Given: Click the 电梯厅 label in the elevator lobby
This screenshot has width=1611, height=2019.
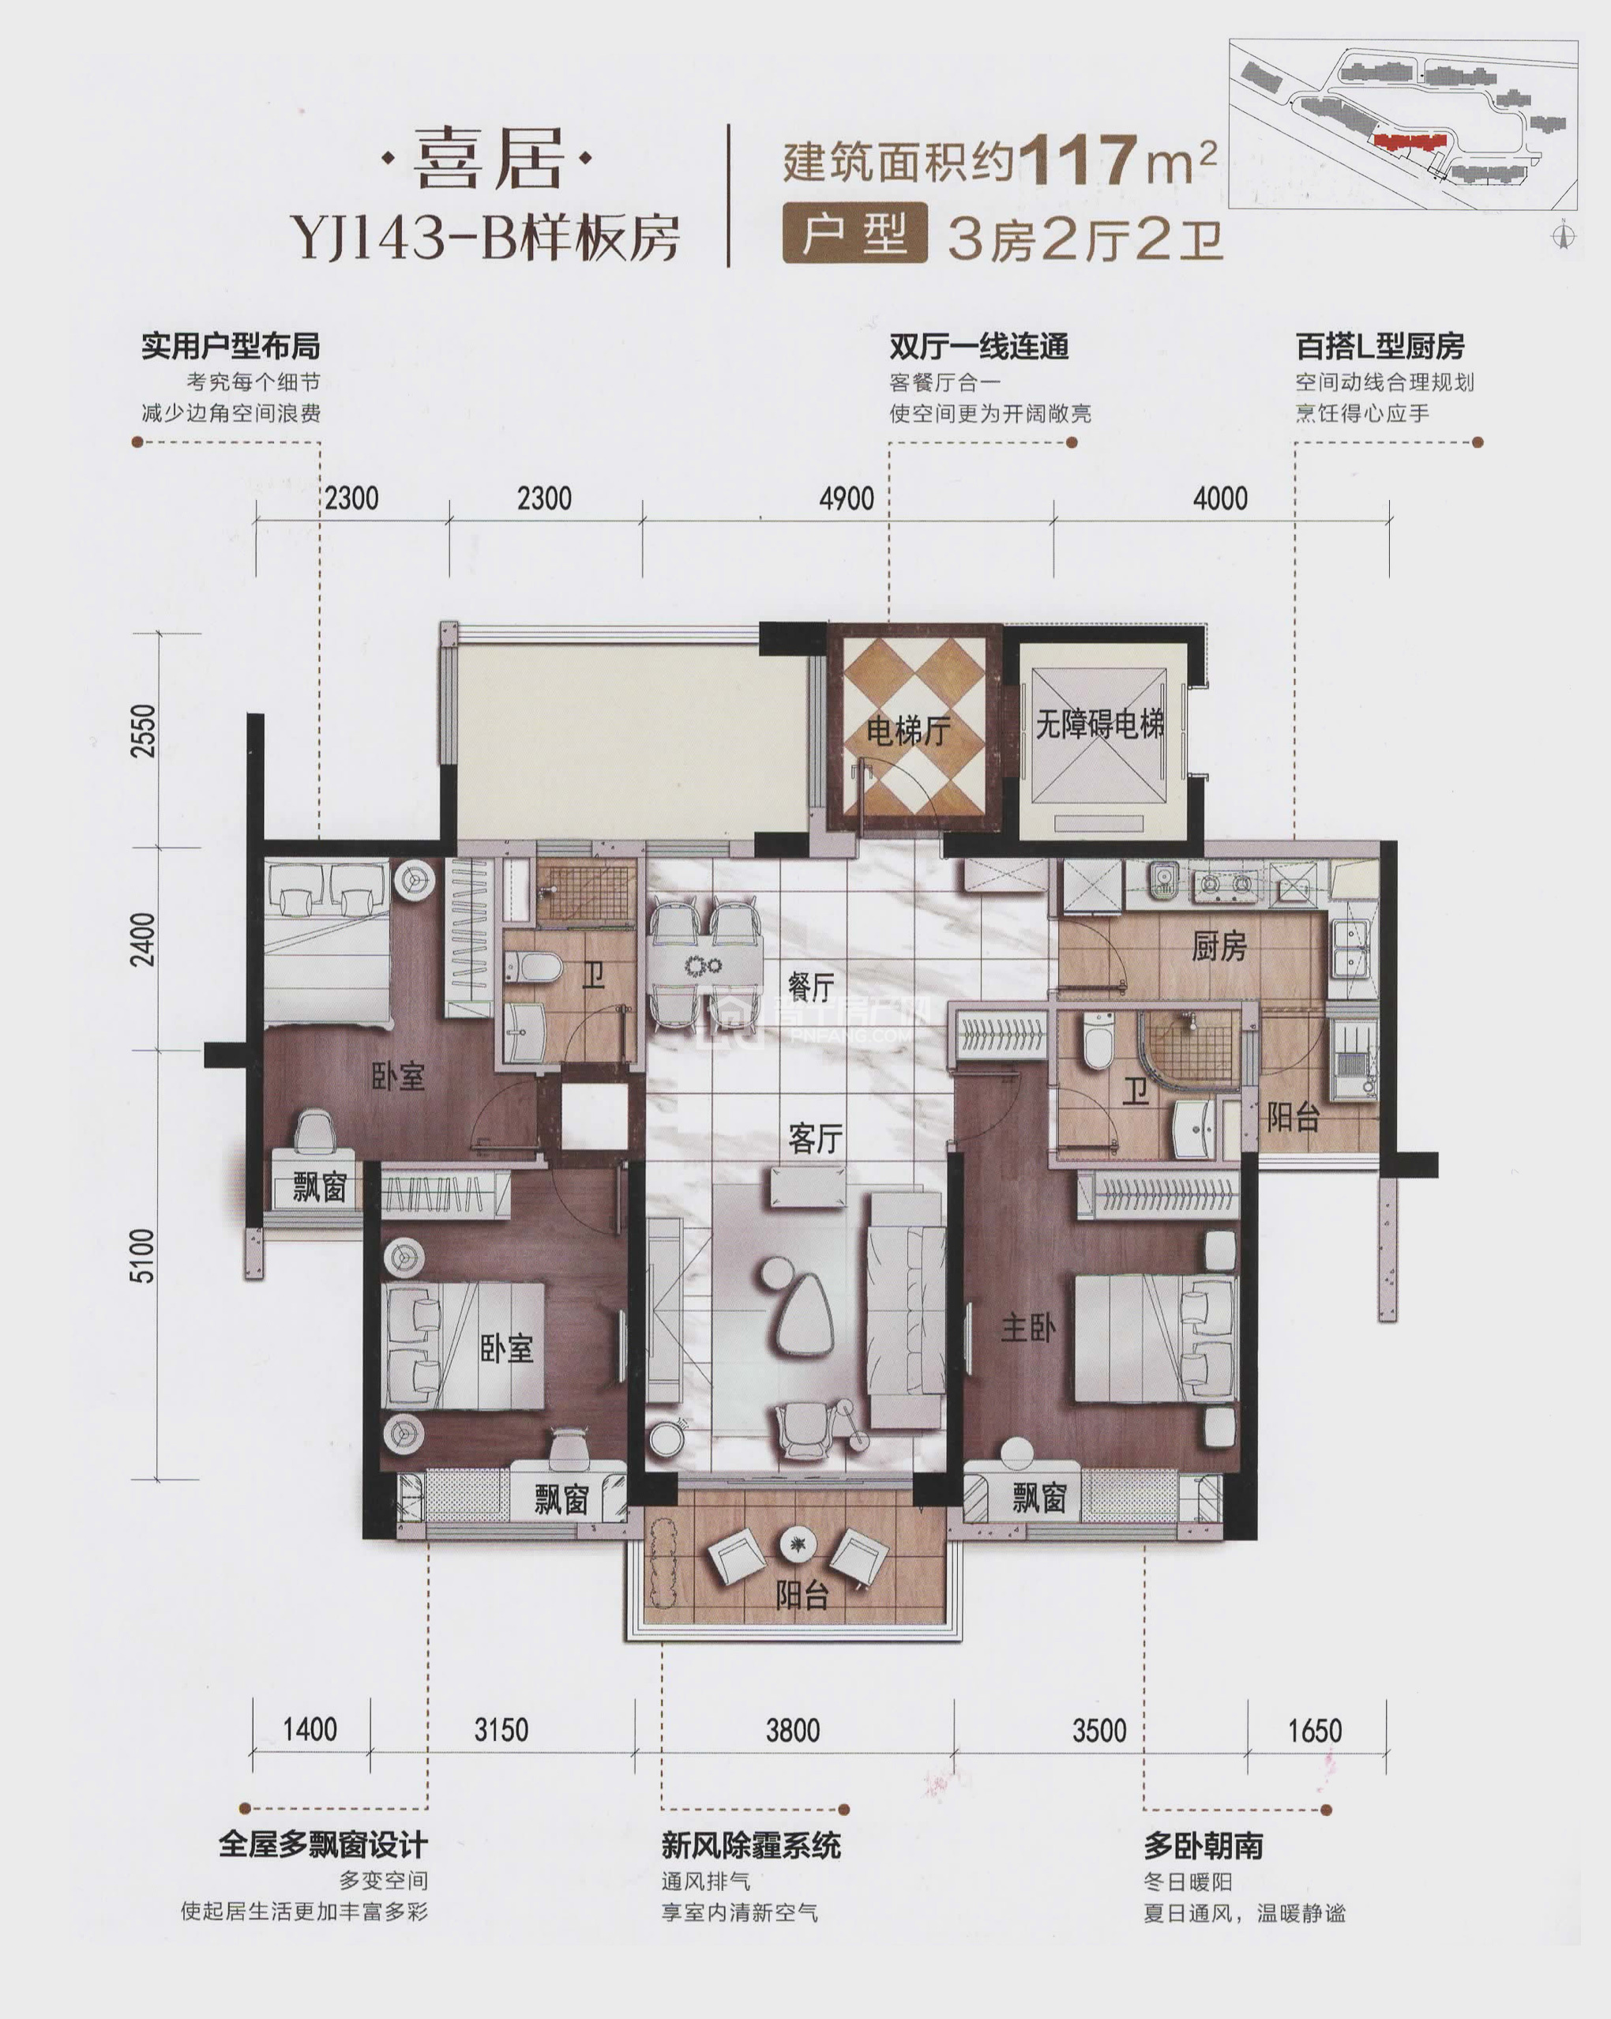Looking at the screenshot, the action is pos(908,731).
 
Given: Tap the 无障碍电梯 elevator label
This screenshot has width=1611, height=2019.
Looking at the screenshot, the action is pos(1100,723).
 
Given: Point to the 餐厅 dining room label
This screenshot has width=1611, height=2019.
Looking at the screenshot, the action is pos(811,986).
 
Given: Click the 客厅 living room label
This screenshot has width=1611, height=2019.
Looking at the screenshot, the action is pos(815,1139).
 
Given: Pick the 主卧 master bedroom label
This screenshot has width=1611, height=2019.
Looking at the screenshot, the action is pos(1028,1327).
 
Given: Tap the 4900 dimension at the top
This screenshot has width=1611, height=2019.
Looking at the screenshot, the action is pos(847,498).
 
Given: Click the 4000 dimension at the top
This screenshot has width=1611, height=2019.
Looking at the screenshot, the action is pos(1220,498).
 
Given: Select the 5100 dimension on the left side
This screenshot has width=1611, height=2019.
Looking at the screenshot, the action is pos(142,1256).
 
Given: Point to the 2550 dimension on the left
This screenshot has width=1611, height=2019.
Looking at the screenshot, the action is pos(142,731).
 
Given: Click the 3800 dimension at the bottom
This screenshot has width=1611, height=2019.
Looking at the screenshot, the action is pos(793,1731).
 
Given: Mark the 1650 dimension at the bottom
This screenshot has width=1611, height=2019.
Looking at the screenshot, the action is pos(1315,1731).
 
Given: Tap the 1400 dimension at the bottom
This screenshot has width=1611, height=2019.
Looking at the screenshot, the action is pos(310,1728).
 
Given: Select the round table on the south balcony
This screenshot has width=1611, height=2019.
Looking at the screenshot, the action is pos(797,1543).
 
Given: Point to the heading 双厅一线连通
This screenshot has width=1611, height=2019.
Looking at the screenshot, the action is pos(979,347).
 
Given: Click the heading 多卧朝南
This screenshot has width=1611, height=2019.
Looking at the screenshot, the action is pos(1203,1844).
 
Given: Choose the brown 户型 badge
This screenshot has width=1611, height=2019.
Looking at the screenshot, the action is pos(854,232).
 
